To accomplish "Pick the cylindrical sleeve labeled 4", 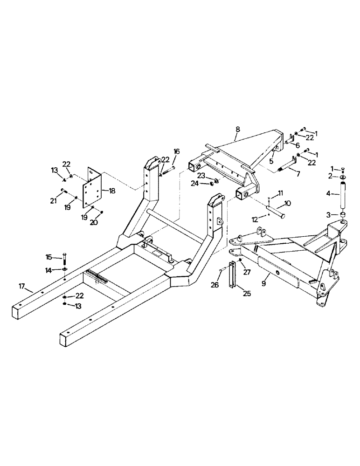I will (x=343, y=196).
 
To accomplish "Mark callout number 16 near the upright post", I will (x=177, y=151).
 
